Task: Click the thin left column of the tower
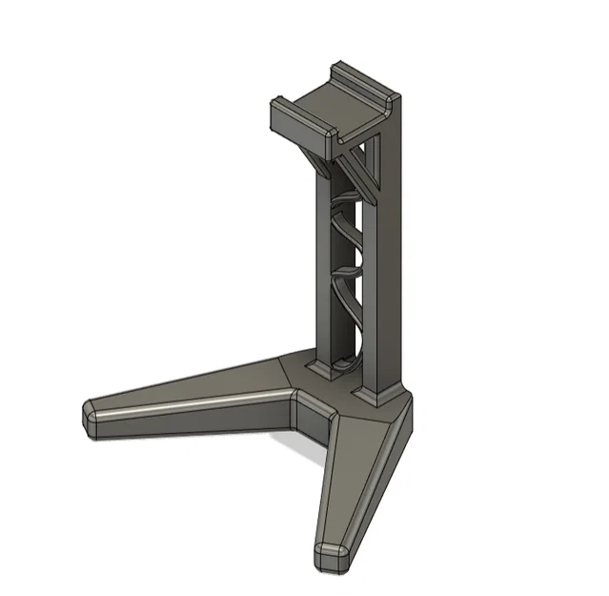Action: coord(324,267)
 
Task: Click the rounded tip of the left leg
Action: coord(92,420)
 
